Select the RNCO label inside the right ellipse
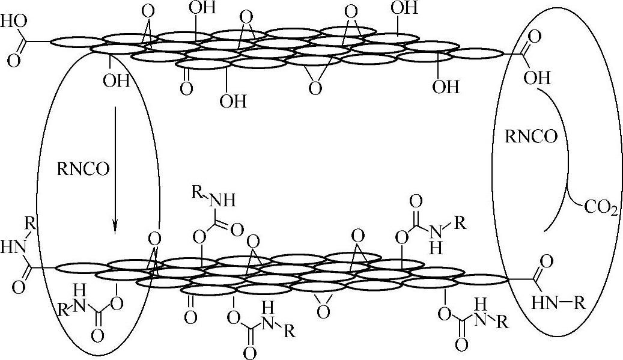click(x=530, y=136)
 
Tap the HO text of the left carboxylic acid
click(x=13, y=22)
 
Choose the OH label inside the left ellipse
click(x=115, y=81)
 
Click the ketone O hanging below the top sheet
click(x=186, y=88)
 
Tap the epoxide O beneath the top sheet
click(x=314, y=88)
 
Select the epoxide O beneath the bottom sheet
click(x=323, y=311)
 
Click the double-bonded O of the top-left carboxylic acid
click(x=13, y=60)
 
